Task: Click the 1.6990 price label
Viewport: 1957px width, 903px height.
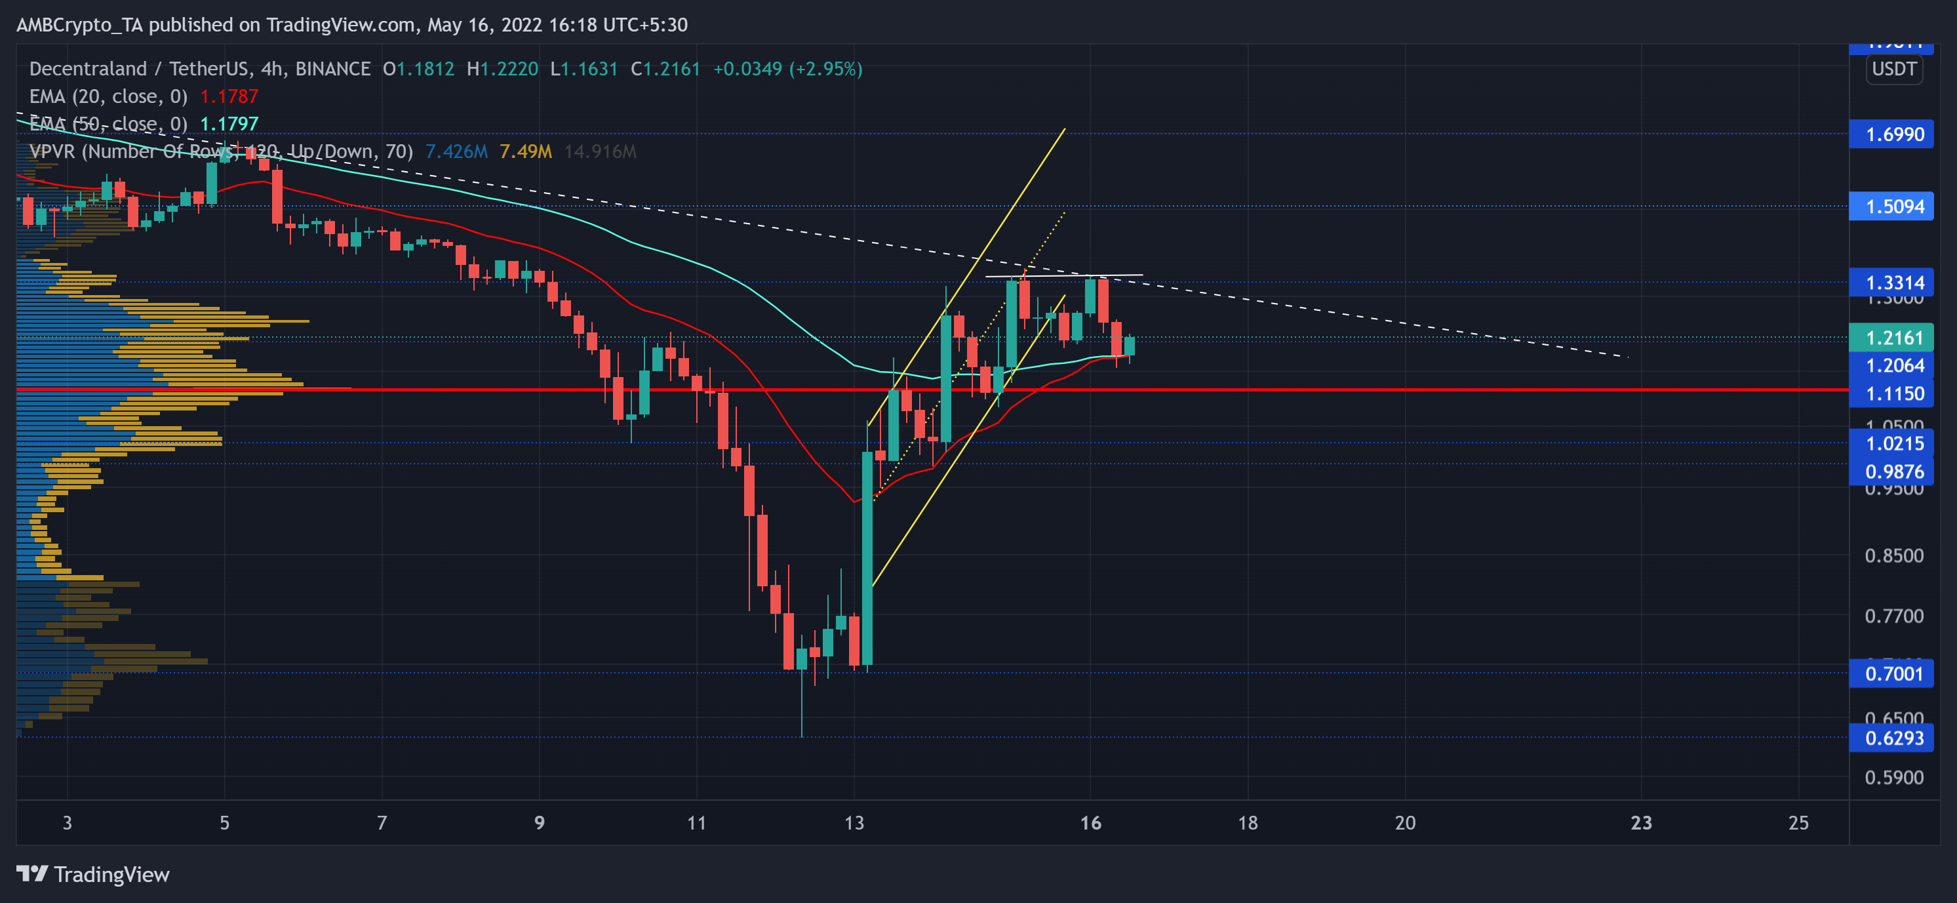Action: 1894,134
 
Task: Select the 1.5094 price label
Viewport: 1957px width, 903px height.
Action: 1894,207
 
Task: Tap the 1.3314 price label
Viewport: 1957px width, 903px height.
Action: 1894,283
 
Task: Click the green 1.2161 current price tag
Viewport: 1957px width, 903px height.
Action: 1894,338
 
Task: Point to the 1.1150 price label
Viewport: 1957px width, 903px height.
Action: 1894,393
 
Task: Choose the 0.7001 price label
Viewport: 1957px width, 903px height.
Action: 1894,673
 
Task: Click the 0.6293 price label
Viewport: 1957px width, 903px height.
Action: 1894,738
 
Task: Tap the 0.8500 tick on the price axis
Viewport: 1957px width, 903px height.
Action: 1894,555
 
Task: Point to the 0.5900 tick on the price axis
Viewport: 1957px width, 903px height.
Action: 1894,778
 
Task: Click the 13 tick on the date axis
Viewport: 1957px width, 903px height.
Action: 854,822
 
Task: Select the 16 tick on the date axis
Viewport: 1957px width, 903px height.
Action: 1090,822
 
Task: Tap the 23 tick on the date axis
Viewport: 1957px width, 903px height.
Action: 1641,822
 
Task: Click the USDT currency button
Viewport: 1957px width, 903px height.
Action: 1894,69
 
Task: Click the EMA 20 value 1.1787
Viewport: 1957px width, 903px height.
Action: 229,96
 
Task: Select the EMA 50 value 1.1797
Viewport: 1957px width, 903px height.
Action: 229,124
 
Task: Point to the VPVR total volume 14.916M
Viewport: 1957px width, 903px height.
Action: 599,151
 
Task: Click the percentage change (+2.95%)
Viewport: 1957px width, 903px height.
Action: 826,69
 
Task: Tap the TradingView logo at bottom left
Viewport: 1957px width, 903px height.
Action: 92,874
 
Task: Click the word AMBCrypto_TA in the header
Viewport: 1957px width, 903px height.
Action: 79,25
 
